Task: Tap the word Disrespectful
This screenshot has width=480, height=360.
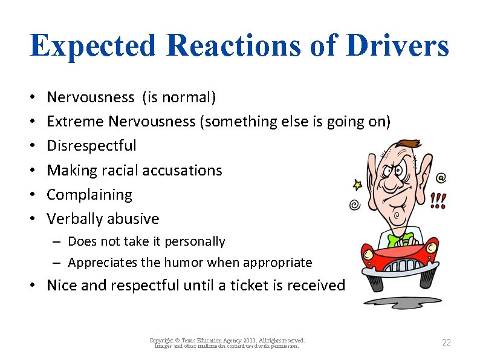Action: click(91, 146)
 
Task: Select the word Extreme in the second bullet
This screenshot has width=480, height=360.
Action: click(76, 122)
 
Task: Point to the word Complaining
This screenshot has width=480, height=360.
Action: click(89, 195)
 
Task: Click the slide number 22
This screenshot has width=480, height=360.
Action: click(446, 342)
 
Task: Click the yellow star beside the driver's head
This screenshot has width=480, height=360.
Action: click(357, 184)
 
